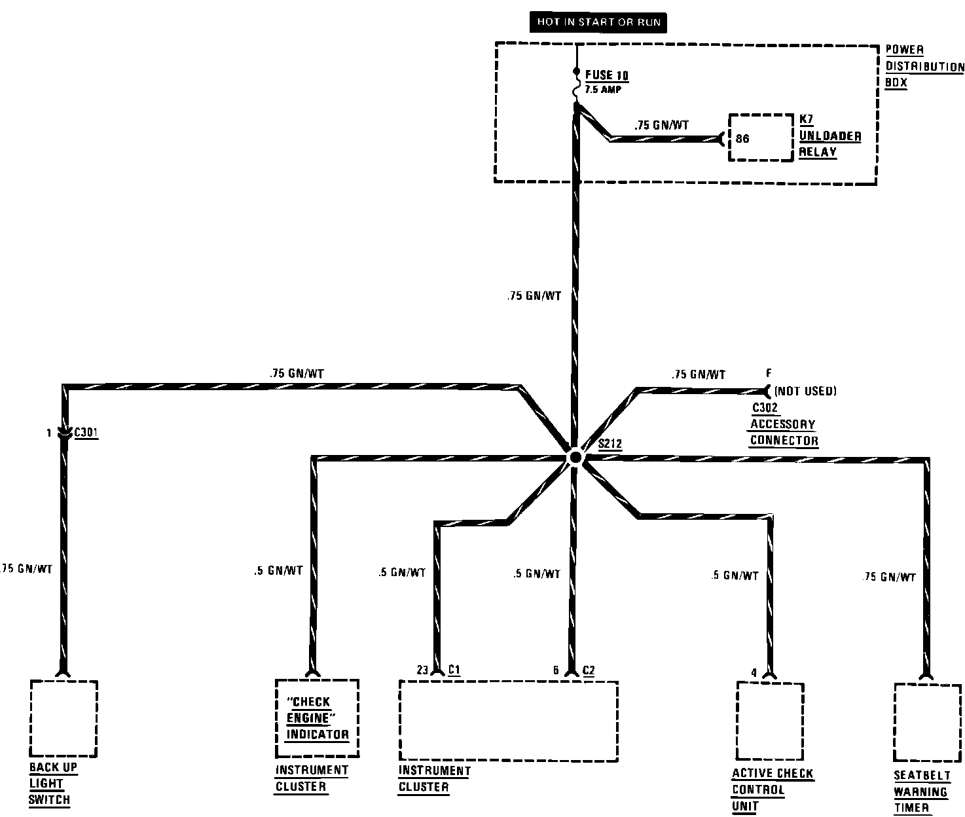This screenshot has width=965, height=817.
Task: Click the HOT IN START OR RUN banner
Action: pos(599,22)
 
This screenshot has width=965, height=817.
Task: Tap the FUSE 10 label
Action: pos(607,75)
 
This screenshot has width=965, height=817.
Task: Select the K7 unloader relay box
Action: pos(761,137)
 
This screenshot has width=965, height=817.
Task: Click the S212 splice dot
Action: pos(575,458)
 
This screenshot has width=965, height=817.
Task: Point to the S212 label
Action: pos(610,444)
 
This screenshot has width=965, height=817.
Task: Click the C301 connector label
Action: pos(86,432)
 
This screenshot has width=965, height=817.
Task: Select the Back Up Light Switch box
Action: pos(64,718)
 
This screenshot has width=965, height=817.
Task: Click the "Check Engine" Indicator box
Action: pos(317,717)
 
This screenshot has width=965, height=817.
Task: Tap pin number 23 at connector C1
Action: pos(422,670)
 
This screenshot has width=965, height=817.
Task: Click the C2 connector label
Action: pos(589,670)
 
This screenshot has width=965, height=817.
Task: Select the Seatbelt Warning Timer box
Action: pos(928,723)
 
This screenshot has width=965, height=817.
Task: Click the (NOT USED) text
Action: pos(805,391)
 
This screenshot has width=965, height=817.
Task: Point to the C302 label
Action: pos(764,407)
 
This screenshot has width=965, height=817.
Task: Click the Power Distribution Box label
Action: pos(924,67)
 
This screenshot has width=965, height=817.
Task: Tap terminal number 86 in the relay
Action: pos(742,138)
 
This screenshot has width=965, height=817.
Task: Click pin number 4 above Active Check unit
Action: pos(754,672)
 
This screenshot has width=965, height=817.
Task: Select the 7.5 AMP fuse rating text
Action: pos(602,90)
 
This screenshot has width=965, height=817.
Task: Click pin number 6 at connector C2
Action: pos(556,670)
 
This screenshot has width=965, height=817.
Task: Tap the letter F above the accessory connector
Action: pos(769,374)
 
